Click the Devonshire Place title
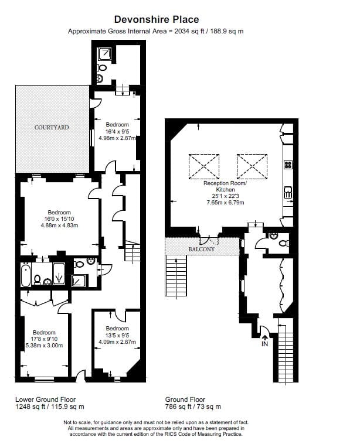[157, 19]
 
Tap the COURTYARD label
[52, 128]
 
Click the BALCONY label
[202, 249]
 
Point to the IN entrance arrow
[264, 337]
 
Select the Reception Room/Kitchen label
[225, 186]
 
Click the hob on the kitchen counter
[288, 165]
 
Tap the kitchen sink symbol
[288, 192]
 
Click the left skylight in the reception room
[204, 166]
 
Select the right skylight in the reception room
[252, 166]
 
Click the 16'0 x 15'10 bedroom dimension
[59, 219]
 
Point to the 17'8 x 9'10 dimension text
[44, 339]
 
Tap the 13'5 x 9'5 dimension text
[117, 335]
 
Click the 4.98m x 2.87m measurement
[117, 138]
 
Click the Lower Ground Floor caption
[45, 399]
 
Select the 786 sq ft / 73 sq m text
[193, 407]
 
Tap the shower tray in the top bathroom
[105, 54]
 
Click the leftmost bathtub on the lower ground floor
[26, 275]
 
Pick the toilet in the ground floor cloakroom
[284, 243]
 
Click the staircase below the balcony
[176, 275]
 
